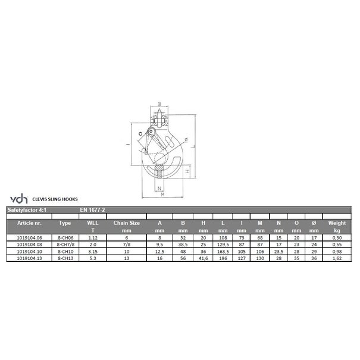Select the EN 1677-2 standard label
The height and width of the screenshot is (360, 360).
[x=93, y=209]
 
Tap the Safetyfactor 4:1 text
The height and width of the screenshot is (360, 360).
[x=25, y=209]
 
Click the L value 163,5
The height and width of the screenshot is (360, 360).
[x=222, y=251]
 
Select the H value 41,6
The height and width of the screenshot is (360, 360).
[x=204, y=258]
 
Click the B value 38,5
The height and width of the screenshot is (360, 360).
[x=183, y=243]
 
